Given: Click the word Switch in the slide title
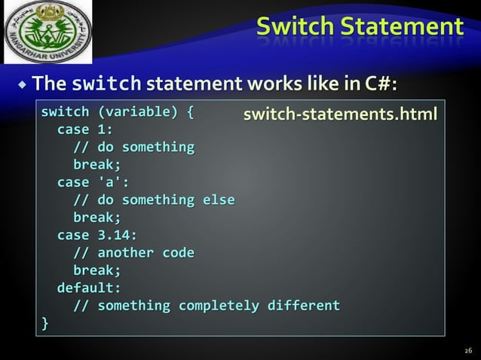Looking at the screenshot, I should [294, 26].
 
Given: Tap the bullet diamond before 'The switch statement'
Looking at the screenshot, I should [23, 82].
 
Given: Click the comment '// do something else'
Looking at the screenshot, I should [154, 200].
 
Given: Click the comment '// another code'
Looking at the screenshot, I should [133, 252].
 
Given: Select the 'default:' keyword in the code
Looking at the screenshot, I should [89, 288].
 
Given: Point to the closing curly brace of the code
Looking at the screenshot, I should [44, 323].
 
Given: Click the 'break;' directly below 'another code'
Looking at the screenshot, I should [97, 270].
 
